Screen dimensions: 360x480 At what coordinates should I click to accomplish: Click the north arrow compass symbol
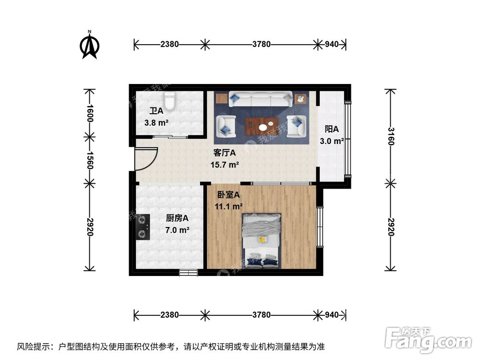tap(89, 45)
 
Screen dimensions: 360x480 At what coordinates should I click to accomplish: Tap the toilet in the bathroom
tap(170, 101)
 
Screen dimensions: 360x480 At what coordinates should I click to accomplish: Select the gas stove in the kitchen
tap(142, 227)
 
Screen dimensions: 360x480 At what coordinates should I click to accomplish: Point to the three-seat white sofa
tap(261, 99)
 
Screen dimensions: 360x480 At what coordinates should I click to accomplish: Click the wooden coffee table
tap(261, 126)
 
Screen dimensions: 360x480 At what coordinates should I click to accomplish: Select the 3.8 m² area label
tap(156, 122)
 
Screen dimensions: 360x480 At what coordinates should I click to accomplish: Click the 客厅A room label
tap(225, 154)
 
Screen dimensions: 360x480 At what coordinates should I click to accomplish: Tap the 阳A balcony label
tap(332, 129)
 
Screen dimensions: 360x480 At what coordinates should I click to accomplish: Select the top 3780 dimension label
tap(262, 44)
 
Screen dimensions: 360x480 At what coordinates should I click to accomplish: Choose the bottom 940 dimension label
tap(332, 315)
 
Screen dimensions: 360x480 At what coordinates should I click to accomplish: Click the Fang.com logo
tap(429, 340)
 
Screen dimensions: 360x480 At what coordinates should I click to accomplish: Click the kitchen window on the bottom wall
tap(188, 273)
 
